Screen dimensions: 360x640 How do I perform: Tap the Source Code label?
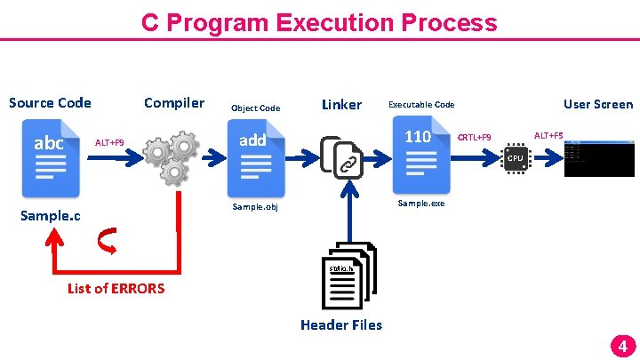click(x=50, y=102)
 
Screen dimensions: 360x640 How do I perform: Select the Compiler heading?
click(x=174, y=102)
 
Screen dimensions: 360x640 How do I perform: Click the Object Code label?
click(x=255, y=108)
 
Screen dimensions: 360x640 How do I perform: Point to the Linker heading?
click(x=341, y=105)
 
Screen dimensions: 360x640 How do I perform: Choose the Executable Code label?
click(x=421, y=105)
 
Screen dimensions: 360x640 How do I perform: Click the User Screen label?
click(x=598, y=104)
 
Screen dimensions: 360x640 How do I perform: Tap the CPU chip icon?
click(x=515, y=158)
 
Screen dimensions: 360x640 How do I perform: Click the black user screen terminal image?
click(x=598, y=158)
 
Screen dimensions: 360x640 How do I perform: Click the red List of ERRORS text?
click(x=116, y=288)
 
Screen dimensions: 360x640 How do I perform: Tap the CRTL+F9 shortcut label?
click(x=474, y=138)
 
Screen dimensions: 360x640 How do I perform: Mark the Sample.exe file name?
click(x=421, y=204)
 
